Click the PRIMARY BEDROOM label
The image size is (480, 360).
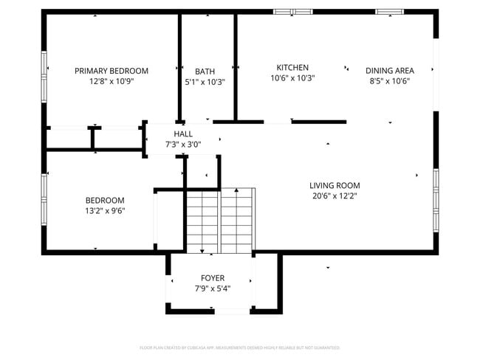point(112,71)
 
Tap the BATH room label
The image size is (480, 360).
point(205,72)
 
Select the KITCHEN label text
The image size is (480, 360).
point(292,67)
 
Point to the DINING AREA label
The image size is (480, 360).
point(389,71)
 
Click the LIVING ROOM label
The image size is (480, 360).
point(335,185)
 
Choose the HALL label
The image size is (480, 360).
point(182,134)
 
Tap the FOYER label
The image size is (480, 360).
point(213,278)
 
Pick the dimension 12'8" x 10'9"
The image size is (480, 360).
point(112,82)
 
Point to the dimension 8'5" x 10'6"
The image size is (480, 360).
point(389,82)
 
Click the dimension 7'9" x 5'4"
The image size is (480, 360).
point(213,289)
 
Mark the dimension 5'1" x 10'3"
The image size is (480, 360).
point(205,83)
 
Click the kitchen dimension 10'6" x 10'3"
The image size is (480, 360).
point(292,78)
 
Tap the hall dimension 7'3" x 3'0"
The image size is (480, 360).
point(182,145)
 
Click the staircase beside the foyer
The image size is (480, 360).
point(219,219)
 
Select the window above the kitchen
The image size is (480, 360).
point(293,12)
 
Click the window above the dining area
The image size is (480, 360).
point(388,12)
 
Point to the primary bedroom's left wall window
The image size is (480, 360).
point(44,71)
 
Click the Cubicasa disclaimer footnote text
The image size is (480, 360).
point(239,347)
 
